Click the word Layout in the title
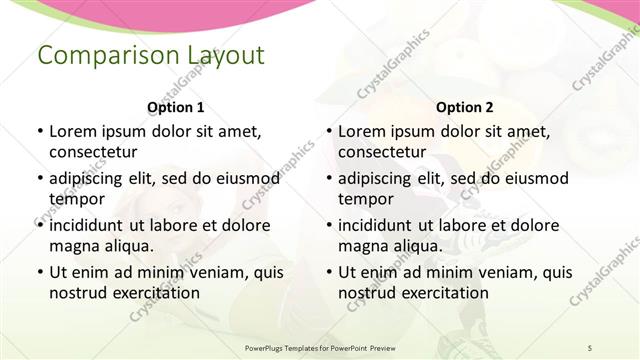222,55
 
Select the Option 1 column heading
176,107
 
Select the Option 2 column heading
465,107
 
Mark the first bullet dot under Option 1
38,131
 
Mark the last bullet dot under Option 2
327,272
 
